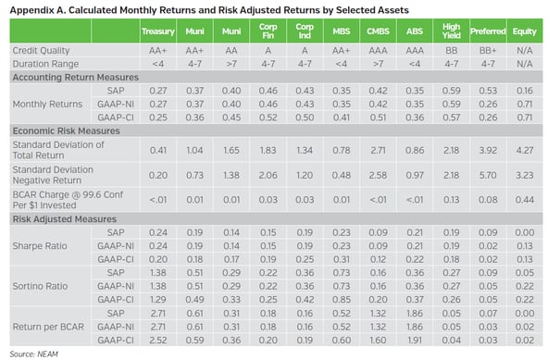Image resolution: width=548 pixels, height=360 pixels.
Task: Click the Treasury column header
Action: click(x=158, y=31)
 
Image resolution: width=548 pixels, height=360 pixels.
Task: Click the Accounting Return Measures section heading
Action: click(x=73, y=79)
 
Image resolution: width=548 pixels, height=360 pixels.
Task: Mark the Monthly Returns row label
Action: click(x=43, y=105)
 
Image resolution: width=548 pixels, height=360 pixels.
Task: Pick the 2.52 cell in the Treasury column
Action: click(x=158, y=340)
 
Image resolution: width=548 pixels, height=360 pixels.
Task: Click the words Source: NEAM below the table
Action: click(x=30, y=353)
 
